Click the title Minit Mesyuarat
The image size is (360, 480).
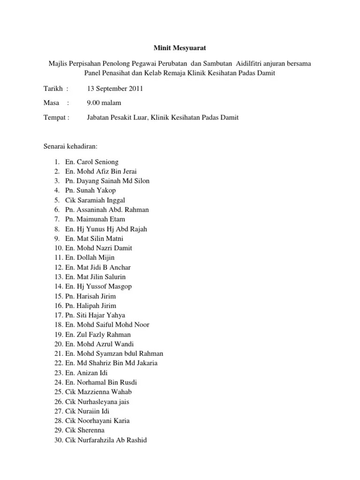180,47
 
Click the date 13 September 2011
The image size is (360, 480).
115,88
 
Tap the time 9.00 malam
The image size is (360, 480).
104,103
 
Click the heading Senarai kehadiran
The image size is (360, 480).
70,146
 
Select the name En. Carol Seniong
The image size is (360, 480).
92,162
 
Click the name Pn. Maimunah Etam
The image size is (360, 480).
95,219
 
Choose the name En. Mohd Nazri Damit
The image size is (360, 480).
99,248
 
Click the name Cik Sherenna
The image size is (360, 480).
85,430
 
